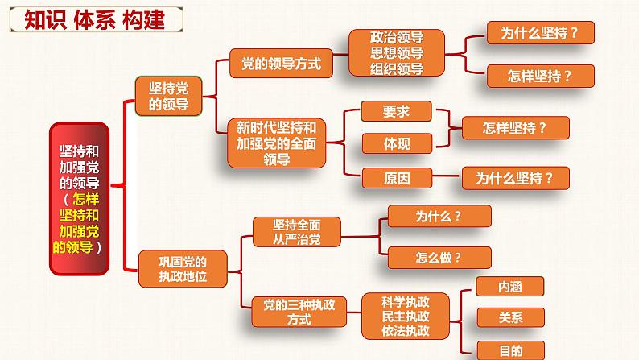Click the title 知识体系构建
tap(89, 18)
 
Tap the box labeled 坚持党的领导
tap(170, 96)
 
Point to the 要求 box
tap(397, 111)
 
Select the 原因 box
tap(397, 176)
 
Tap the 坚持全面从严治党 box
tap(296, 230)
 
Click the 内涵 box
tap(510, 286)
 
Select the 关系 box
tap(510, 317)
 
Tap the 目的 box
tap(510, 350)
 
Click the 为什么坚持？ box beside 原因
tap(515, 177)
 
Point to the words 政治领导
tap(397, 39)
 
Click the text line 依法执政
tap(406, 331)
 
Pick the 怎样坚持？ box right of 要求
tap(515, 128)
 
